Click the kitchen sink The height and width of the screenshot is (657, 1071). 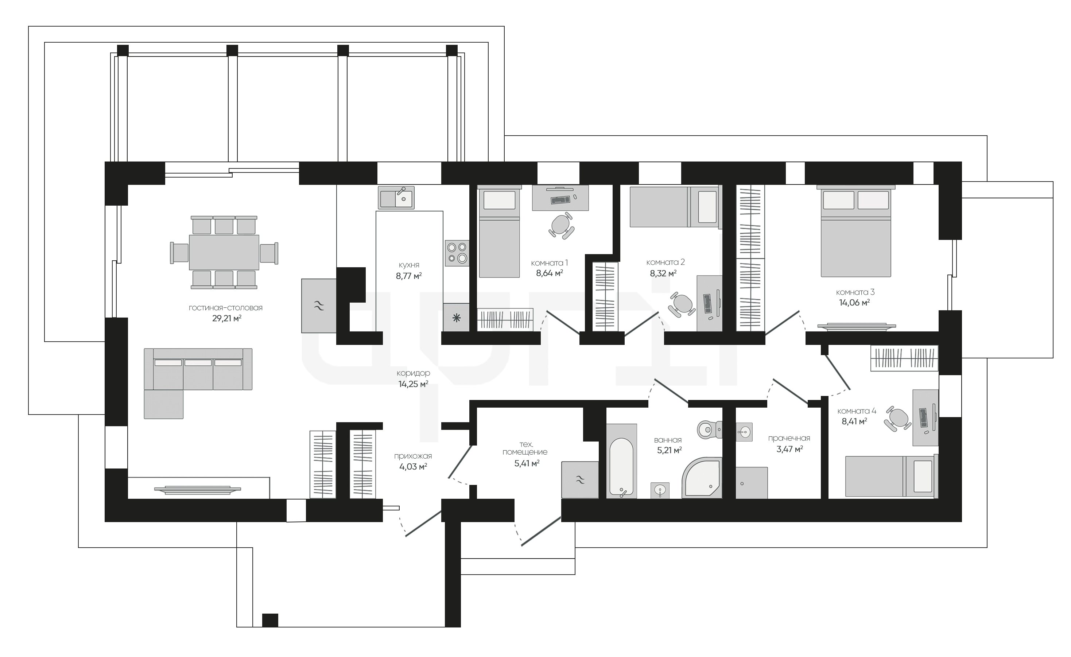[x=396, y=198]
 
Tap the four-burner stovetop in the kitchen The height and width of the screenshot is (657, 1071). [x=457, y=253]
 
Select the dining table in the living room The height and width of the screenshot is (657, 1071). [x=224, y=252]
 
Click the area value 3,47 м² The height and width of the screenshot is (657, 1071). [x=789, y=449]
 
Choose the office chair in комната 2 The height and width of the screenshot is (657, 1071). [x=681, y=304]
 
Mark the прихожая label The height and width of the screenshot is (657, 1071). [x=413, y=456]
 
